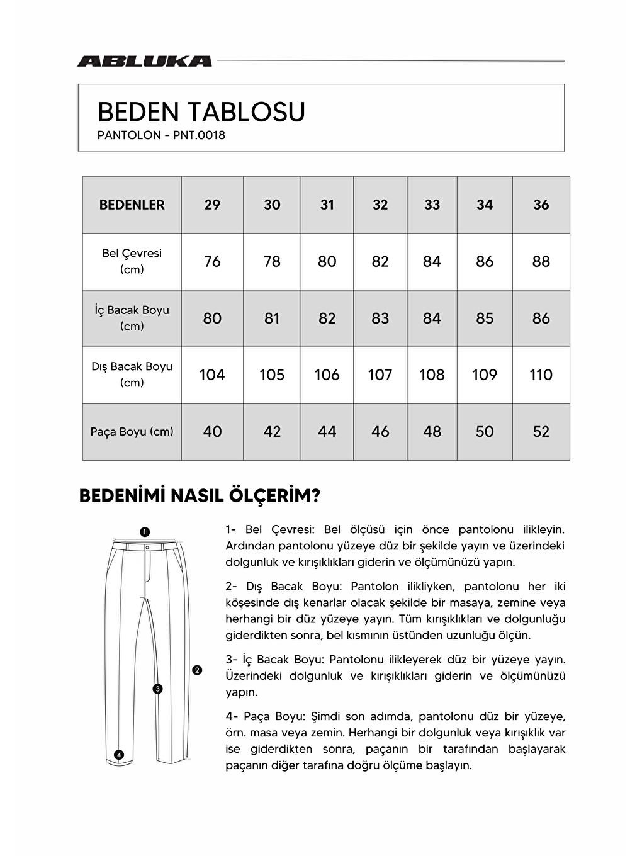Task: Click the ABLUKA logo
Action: (144, 61)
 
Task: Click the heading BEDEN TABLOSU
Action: (201, 112)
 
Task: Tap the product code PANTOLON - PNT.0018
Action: (161, 135)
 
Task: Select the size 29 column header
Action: (212, 205)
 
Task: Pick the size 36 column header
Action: (541, 205)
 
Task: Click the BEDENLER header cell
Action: (132, 205)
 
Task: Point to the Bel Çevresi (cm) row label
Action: (132, 261)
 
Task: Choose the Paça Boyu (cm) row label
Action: (132, 432)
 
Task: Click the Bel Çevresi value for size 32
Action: (380, 261)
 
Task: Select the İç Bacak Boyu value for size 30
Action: (272, 318)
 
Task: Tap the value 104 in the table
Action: (212, 375)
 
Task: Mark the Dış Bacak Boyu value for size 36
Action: (541, 375)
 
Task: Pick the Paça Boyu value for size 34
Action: (484, 432)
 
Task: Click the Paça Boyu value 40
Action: (212, 432)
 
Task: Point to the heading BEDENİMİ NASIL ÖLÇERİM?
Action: (200, 496)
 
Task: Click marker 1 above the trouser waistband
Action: (144, 532)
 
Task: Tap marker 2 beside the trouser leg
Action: (197, 670)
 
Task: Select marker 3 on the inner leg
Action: (158, 689)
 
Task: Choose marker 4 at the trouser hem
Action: (119, 755)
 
